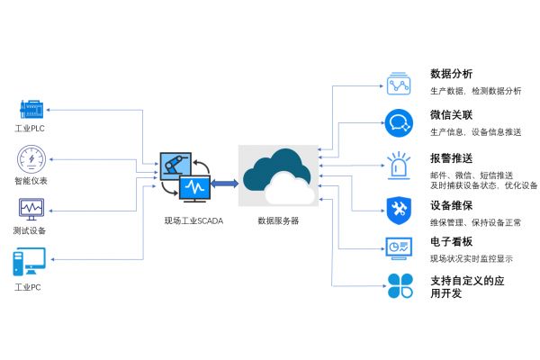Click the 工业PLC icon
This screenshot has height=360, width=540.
click(x=31, y=110)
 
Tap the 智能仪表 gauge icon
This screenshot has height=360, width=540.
click(x=31, y=160)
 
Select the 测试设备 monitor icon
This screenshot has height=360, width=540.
click(x=31, y=211)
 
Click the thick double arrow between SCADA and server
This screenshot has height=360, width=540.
click(x=224, y=184)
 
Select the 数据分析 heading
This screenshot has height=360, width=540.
click(x=451, y=74)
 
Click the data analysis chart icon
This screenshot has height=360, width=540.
click(x=400, y=83)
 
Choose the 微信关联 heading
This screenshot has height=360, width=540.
click(x=451, y=116)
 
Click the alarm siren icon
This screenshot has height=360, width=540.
click(x=399, y=165)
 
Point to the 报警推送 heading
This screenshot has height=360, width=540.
click(x=451, y=158)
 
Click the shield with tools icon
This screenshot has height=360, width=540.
click(x=399, y=209)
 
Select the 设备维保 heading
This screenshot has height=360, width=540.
click(x=451, y=205)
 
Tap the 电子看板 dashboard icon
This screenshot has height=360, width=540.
click(x=399, y=247)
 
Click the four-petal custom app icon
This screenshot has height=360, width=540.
click(x=400, y=285)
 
